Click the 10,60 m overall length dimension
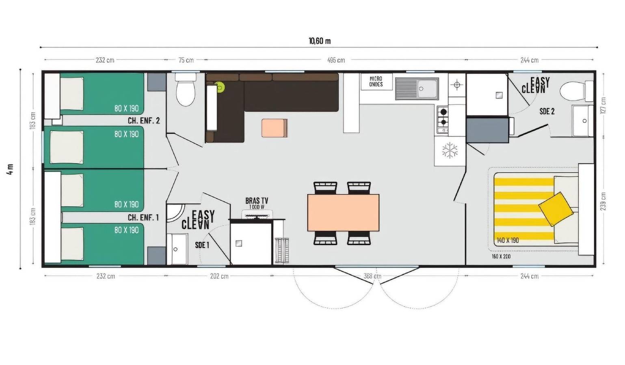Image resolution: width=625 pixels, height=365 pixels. [x=320, y=41]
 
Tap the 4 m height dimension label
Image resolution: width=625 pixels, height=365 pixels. [x=10, y=169]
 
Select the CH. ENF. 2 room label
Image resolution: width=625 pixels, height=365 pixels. [x=144, y=120]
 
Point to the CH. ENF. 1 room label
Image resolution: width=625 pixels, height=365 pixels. [x=143, y=217]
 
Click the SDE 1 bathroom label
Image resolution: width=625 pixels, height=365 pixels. [x=202, y=245]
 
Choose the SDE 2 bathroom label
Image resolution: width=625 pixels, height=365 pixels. [x=547, y=111]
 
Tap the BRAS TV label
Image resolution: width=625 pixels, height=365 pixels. [x=257, y=201]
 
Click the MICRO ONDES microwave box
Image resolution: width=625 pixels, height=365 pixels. [x=376, y=82]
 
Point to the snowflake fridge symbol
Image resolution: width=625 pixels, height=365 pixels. [x=450, y=150]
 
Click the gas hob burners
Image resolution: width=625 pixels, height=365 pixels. [x=443, y=117]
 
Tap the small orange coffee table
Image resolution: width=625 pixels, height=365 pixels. [x=275, y=128]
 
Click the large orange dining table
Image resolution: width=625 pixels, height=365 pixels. [x=343, y=213]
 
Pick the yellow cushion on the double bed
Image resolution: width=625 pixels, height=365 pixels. [x=556, y=208]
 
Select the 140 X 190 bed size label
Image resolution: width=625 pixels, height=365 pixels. [x=508, y=240]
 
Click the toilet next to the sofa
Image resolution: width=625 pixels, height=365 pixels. [x=186, y=92]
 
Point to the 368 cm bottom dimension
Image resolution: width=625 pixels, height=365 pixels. [x=372, y=276]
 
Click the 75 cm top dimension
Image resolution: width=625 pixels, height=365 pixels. [x=186, y=60]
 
